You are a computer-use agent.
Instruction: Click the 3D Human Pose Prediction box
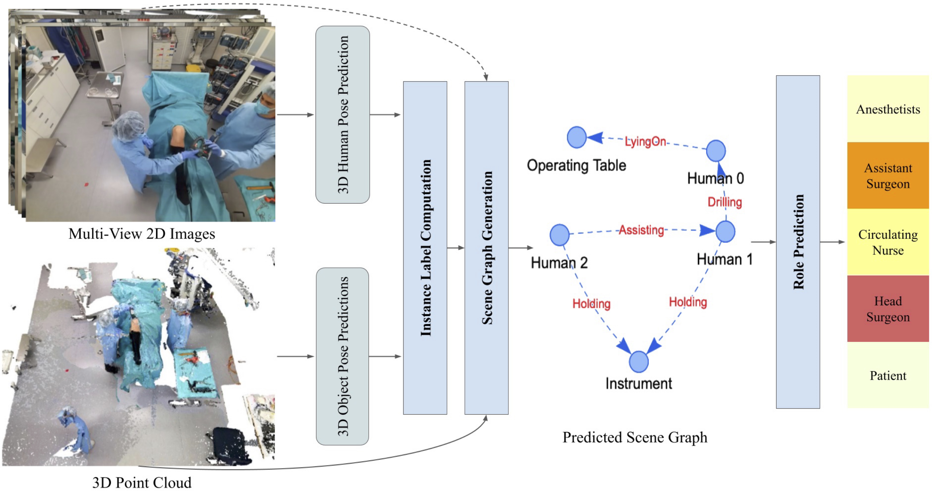(342, 114)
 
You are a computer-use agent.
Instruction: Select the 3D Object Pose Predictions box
(342, 356)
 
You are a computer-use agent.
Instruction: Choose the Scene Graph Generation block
(486, 248)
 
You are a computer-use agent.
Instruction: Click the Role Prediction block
(798, 242)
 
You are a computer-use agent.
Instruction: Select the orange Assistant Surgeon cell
(888, 176)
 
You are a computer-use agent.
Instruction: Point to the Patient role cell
(888, 376)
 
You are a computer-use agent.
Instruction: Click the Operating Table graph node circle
(576, 137)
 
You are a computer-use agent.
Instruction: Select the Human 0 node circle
(716, 151)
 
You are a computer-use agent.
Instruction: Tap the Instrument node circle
(639, 361)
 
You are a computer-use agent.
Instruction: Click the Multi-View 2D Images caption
(142, 234)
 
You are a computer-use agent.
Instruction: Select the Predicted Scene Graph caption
(635, 437)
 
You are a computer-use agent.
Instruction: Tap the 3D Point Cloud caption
(142, 482)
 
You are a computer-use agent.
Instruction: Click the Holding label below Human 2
(591, 303)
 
